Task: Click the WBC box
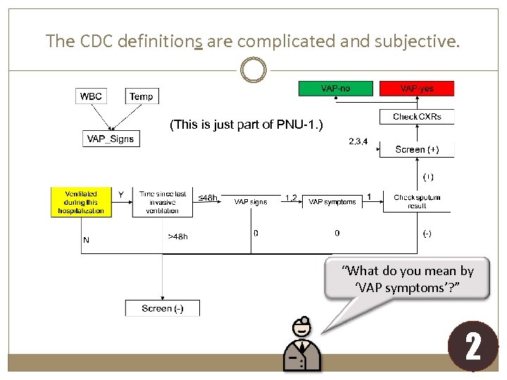pos(90,96)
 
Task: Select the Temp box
pos(141,96)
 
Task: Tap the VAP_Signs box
pos(110,139)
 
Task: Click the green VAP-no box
pos(336,88)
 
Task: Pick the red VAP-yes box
pos(417,88)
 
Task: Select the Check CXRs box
pos(417,116)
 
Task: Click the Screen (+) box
pos(417,149)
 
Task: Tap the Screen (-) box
pos(162,308)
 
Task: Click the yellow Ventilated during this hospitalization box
pos(81,202)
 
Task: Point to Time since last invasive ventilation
pos(163,202)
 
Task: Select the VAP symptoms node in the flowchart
pos(332,202)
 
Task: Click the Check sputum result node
pos(417,202)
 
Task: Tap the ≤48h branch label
pos(207,198)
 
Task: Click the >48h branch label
pos(177,237)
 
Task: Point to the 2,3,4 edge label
pos(358,141)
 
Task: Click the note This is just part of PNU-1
pos(246,125)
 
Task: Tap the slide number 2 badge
pos(472,347)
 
